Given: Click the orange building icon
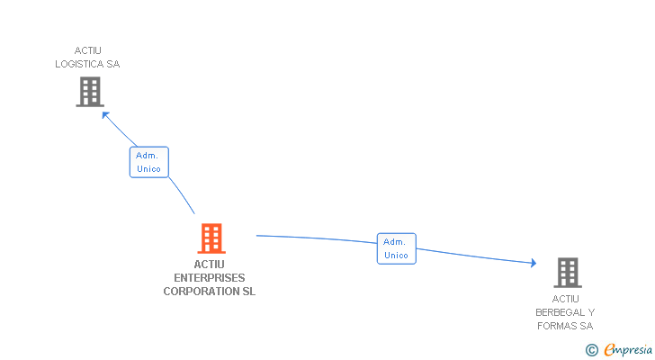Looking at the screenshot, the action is tap(211, 238).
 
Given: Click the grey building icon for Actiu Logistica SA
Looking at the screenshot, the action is tap(90, 92).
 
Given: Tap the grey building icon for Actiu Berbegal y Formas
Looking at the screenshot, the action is tap(567, 272).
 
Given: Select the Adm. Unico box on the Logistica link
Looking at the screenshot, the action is tap(148, 162).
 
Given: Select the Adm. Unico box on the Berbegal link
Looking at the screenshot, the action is tap(396, 248).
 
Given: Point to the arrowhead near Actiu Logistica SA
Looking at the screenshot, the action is tap(104, 113).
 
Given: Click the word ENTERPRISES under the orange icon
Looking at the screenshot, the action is tap(209, 278).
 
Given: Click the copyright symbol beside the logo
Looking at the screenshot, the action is tap(591, 350).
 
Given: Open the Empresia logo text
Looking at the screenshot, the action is tap(629, 349).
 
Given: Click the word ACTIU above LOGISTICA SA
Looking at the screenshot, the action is tap(87, 50).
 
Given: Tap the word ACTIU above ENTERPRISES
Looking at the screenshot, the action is tap(209, 265).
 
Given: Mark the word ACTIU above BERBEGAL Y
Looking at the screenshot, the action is tap(566, 299).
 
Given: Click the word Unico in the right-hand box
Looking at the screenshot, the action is tap(396, 256).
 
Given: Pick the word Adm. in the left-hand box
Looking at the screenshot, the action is tap(147, 156).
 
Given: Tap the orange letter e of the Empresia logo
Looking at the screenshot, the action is tap(609, 350).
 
